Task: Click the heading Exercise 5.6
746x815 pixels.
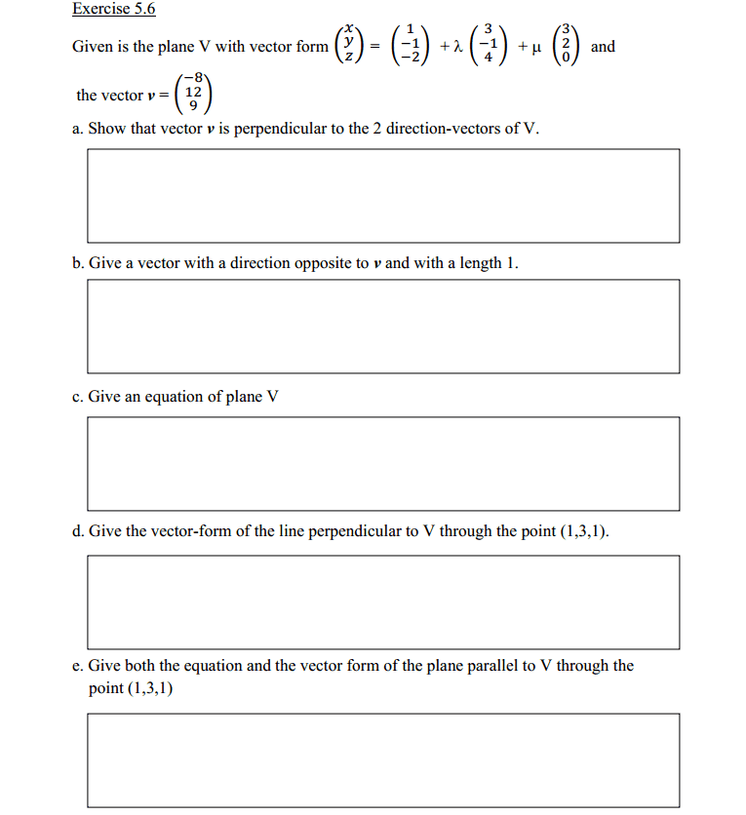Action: pos(113,10)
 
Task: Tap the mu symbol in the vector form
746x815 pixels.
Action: pos(533,48)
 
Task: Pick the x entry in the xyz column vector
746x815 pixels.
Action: pos(342,33)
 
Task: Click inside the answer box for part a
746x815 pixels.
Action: pos(383,195)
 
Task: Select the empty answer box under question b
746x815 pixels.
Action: pos(383,326)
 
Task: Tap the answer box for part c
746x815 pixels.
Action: pos(383,463)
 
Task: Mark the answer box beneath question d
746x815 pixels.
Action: pos(383,602)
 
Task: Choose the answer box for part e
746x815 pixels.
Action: pos(383,759)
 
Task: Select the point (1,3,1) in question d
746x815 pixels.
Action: pos(580,531)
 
